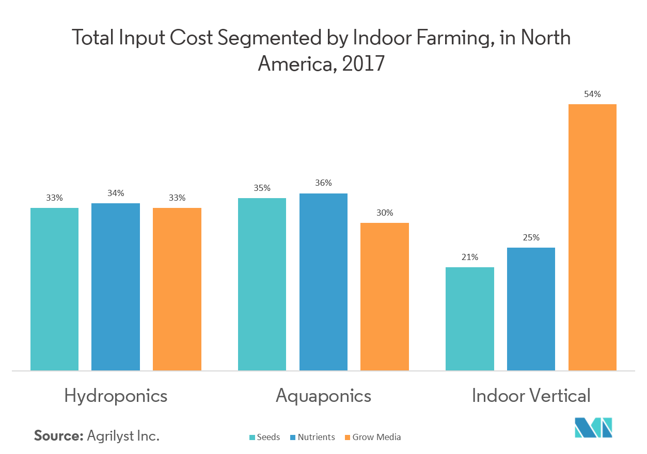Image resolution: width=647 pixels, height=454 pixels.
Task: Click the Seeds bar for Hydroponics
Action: [54, 289]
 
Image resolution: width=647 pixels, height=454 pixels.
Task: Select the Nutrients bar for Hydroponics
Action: [116, 287]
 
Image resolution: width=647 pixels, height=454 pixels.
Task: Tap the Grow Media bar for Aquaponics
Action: [384, 297]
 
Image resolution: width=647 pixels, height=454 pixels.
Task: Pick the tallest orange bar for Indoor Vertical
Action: [592, 237]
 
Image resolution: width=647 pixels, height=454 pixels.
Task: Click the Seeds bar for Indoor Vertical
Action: [469, 319]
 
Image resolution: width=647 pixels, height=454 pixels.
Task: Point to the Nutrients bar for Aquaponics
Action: [323, 282]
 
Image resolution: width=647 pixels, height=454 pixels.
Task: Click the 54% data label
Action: [592, 94]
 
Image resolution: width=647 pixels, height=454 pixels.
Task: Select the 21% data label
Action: [469, 257]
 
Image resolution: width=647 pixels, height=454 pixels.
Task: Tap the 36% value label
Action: [323, 183]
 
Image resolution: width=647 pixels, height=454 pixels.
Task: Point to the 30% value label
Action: [384, 213]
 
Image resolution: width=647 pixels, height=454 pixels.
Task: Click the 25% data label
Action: [531, 237]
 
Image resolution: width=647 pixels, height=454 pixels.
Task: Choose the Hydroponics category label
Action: [116, 396]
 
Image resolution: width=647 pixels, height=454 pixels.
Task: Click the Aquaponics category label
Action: [323, 396]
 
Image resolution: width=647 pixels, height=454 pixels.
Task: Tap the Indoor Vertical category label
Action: [531, 396]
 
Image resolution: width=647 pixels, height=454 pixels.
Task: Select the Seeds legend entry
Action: [265, 437]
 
